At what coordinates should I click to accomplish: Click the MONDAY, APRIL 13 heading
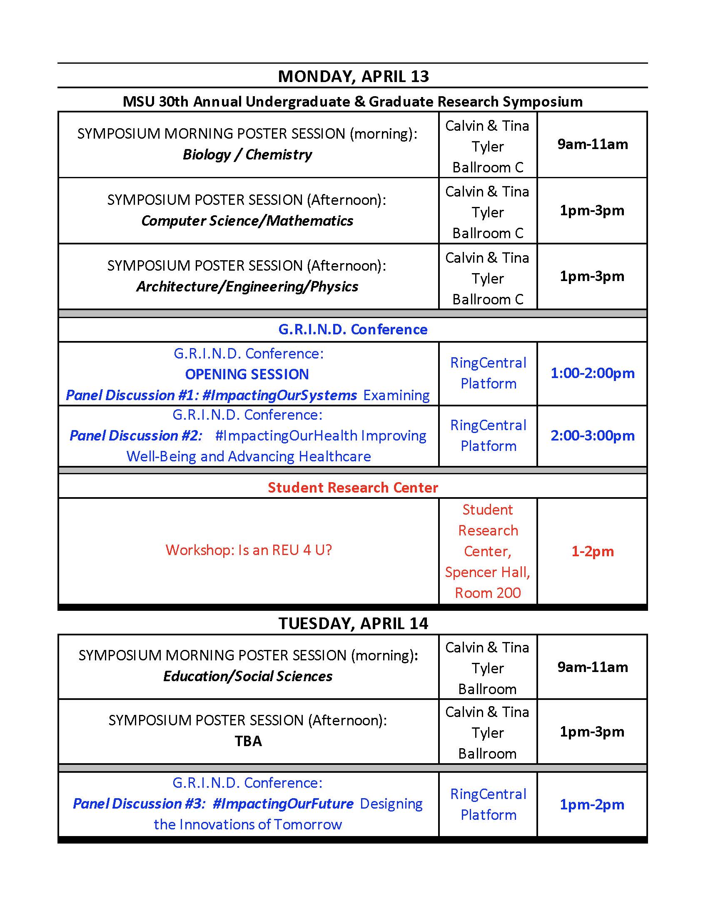353,76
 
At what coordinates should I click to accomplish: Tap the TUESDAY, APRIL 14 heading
353,624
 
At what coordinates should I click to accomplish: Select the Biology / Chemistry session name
247,155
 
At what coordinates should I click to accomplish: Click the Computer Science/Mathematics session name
247,221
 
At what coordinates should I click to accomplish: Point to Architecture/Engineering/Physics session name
247,287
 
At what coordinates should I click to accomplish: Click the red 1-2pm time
592,552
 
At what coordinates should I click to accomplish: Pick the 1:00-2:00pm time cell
592,373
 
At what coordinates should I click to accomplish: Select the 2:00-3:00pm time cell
592,436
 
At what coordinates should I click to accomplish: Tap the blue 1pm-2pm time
592,805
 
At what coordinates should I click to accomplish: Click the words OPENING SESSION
247,375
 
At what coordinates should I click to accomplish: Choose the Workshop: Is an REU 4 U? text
249,550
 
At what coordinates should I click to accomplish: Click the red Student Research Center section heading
353,488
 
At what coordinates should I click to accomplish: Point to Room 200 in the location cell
488,593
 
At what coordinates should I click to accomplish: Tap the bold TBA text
248,742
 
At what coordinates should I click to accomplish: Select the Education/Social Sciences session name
247,677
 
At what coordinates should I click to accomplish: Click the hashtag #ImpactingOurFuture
283,804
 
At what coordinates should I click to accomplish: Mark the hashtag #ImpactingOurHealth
287,436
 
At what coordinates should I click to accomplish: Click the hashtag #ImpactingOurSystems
279,396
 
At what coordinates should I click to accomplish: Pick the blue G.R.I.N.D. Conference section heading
353,330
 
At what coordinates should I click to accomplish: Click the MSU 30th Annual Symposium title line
353,102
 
